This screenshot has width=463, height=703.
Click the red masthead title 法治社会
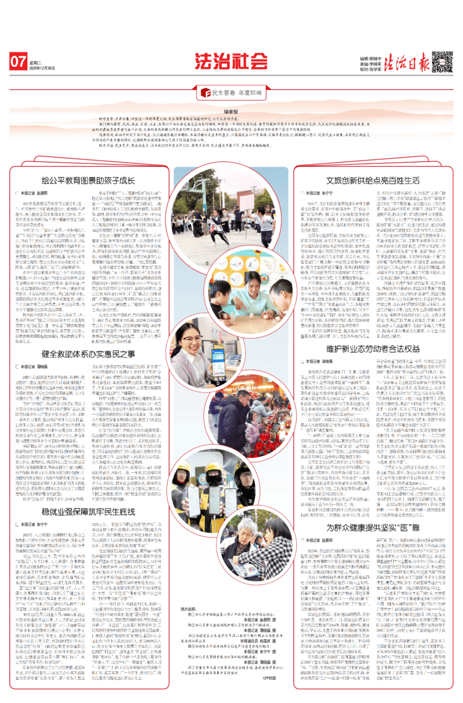(231, 62)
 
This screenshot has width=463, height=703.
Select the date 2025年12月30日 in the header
(42, 68)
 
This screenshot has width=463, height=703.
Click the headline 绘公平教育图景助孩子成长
(88, 180)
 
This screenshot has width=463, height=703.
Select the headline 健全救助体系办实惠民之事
(88, 354)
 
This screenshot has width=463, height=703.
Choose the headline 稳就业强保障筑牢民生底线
(88, 511)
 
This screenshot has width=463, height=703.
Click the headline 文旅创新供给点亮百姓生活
(373, 180)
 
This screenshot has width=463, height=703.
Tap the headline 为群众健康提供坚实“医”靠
(373, 527)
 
